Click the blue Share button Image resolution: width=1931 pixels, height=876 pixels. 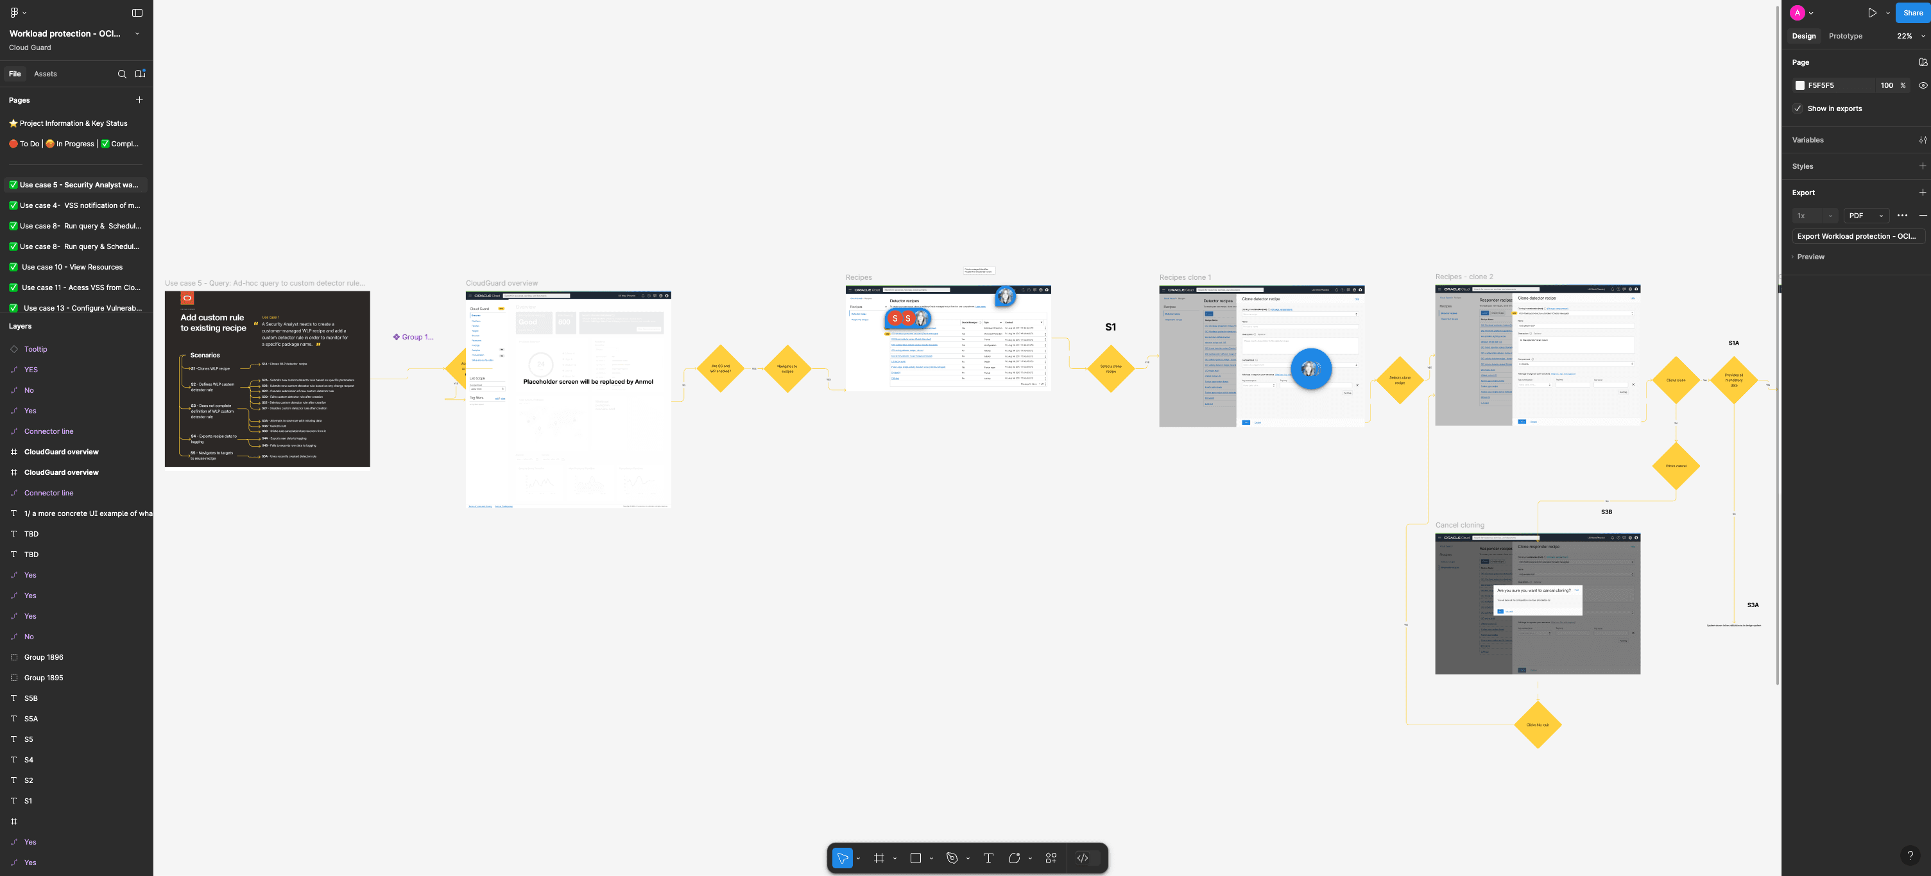[1912, 13]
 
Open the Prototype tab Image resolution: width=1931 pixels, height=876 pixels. [1845, 36]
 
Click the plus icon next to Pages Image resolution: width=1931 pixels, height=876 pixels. [139, 99]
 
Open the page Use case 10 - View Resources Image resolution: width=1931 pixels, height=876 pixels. [72, 267]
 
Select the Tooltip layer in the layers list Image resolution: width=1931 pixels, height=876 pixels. [35, 349]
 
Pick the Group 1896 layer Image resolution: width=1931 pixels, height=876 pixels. [44, 657]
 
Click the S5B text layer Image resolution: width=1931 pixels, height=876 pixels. [31, 698]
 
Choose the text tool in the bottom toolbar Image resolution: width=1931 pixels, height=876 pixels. [988, 858]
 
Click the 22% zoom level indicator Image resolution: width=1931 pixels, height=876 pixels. [1904, 36]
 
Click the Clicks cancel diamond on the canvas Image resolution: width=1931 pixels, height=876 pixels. [1676, 466]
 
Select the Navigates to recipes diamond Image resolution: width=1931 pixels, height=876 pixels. [787, 368]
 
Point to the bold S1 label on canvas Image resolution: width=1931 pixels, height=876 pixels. [1110, 327]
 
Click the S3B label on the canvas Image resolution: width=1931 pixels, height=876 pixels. [1606, 512]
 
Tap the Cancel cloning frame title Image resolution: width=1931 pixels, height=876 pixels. [1459, 526]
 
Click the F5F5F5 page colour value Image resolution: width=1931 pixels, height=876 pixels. [1821, 85]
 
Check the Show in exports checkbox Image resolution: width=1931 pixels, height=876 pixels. [1798, 108]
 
